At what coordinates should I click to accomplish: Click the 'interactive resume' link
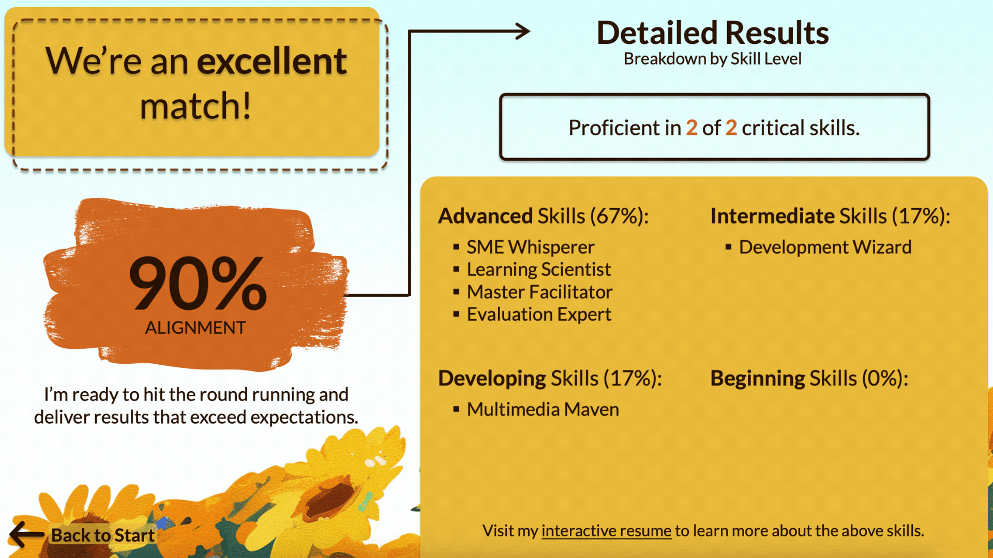606,531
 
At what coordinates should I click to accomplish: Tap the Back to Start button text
103,535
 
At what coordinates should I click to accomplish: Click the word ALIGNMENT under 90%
195,328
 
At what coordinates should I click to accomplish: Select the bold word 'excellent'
272,61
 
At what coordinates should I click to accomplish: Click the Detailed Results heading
713,33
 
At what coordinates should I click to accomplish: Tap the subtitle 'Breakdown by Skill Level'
713,59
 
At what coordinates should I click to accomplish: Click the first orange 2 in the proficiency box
691,128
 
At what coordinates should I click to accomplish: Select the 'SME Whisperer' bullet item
531,247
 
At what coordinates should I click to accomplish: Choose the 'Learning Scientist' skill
539,269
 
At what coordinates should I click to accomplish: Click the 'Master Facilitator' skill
540,292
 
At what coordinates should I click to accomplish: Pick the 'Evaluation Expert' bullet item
539,314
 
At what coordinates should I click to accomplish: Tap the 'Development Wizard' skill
825,247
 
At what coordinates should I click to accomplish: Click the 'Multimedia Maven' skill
543,409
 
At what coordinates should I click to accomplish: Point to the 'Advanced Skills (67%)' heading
544,216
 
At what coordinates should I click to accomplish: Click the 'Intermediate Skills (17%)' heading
831,216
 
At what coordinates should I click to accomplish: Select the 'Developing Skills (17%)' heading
550,378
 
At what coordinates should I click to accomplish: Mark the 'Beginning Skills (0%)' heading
809,378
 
